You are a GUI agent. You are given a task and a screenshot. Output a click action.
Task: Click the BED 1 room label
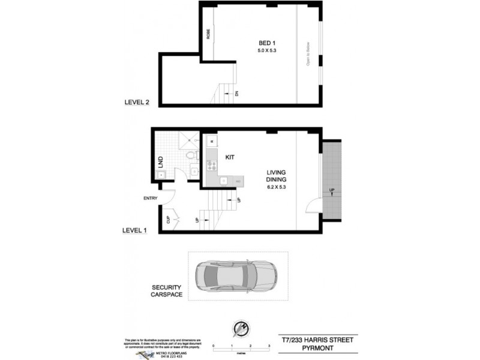tap(268, 43)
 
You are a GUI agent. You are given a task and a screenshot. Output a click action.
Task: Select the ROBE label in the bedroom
tap(208, 34)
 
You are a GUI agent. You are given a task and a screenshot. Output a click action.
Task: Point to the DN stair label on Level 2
tap(237, 93)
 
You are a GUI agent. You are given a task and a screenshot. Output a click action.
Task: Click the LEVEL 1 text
tap(135, 230)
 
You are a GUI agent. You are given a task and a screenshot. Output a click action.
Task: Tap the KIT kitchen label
tap(229, 157)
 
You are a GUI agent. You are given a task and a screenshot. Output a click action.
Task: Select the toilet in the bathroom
tap(191, 157)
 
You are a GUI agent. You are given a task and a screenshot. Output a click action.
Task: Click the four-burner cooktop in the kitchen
tap(211, 165)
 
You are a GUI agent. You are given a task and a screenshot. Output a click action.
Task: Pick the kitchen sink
tap(223, 179)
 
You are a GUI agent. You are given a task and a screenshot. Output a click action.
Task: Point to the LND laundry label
tap(161, 161)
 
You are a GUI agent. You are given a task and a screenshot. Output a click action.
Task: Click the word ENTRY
tap(151, 199)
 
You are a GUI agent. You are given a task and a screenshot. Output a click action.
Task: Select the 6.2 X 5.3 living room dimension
tap(277, 187)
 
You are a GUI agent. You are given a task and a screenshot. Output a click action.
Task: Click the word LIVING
tap(277, 172)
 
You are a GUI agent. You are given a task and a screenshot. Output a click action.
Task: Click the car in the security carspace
tap(236, 276)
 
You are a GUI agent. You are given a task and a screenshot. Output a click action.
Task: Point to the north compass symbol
tap(240, 329)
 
